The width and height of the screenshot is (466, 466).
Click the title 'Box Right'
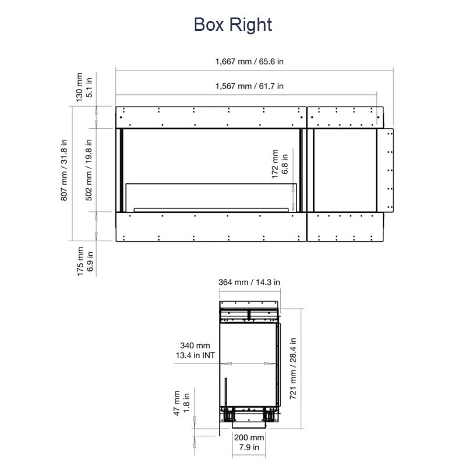coord(232,24)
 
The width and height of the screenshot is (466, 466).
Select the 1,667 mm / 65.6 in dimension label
coord(249,62)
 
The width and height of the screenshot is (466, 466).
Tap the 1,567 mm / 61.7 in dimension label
coord(249,86)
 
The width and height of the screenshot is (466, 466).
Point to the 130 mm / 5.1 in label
coord(84,87)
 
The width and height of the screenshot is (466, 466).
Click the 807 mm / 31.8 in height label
coord(64,170)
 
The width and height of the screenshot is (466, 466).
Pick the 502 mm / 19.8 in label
coord(89,170)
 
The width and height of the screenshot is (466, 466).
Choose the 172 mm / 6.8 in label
coord(280,164)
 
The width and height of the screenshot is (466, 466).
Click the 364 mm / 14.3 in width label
coord(249,282)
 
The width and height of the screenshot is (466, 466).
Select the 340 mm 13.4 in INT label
coord(195,351)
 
